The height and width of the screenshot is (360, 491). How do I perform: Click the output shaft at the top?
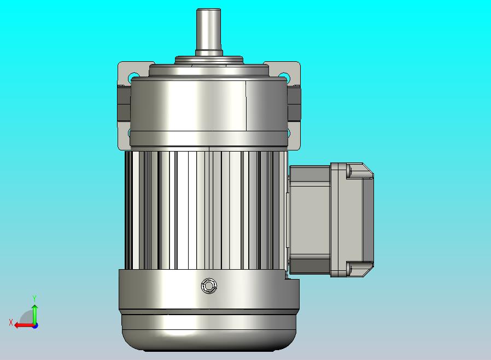click(208, 31)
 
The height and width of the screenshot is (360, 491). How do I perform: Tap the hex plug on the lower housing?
click(209, 286)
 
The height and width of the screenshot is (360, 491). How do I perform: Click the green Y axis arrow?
click(35, 314)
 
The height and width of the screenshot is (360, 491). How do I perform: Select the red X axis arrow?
click(25, 326)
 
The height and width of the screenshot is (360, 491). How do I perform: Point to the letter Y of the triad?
click(34, 298)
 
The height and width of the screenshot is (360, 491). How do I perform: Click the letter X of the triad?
click(11, 322)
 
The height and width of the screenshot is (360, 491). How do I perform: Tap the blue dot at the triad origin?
click(36, 326)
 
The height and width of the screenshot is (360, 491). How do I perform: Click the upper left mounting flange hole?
click(133, 77)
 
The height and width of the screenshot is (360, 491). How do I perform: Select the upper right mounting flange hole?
click(284, 76)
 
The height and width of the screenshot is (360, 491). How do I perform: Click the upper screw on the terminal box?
click(349, 171)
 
